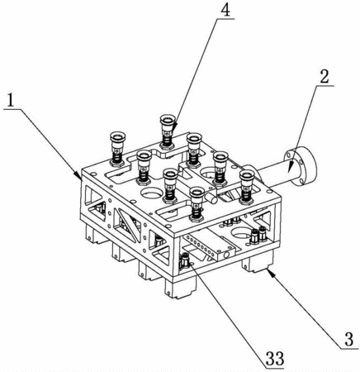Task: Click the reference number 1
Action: pos(11,101)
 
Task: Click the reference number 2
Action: pos(324,77)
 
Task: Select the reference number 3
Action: pos(349,340)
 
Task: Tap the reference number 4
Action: pos(225,10)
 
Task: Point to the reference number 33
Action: pos(274,359)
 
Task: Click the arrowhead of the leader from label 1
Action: pos(78,175)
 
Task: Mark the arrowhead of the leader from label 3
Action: pos(270,272)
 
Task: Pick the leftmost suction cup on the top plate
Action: pos(118,149)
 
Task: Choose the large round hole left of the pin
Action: pos(151,193)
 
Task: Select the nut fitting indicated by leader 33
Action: pos(184,261)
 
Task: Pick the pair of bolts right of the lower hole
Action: pos(258,236)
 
